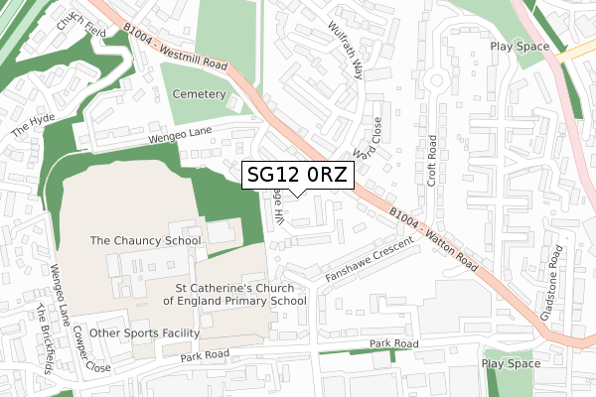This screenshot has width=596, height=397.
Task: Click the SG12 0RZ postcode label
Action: point(297,176)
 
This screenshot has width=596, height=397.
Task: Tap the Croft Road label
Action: point(432,160)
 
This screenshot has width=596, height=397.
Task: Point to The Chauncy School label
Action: point(145,240)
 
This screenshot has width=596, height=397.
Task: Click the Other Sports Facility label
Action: point(144,332)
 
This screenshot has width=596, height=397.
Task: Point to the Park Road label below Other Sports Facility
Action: point(205,353)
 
